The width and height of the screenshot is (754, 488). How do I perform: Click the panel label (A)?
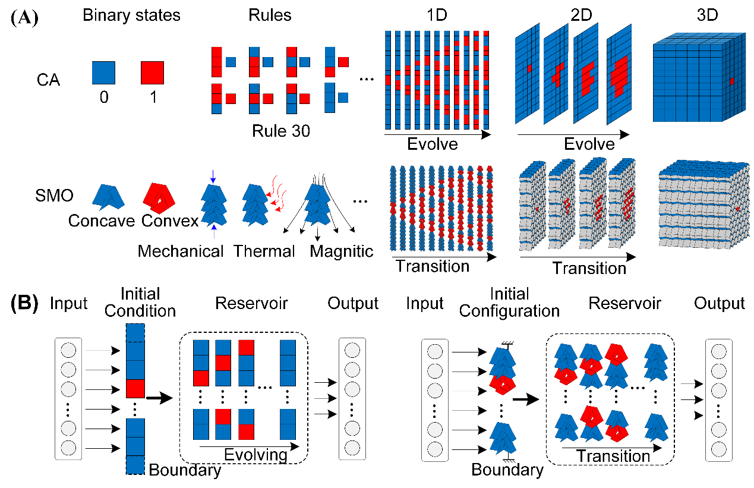(x=24, y=16)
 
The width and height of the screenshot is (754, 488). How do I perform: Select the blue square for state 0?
(x=103, y=74)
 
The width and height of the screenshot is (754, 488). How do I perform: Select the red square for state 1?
(x=153, y=74)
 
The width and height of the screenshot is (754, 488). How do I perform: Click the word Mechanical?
(x=181, y=251)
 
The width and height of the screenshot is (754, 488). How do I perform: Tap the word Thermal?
(x=264, y=251)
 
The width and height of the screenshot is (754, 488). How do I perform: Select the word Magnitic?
(x=342, y=251)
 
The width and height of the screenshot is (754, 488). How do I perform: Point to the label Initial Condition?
(x=140, y=302)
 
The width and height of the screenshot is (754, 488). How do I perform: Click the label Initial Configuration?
(x=509, y=302)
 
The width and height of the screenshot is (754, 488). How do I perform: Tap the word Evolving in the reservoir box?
(x=255, y=455)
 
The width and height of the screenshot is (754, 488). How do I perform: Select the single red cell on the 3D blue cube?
(x=733, y=81)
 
